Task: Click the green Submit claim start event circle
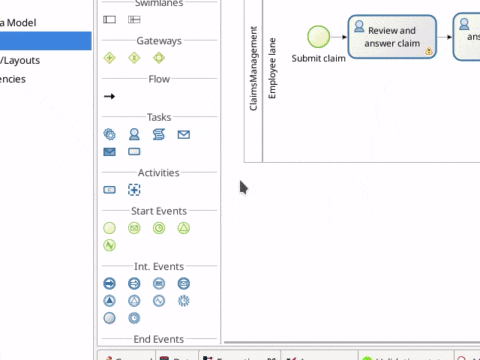click(x=318, y=37)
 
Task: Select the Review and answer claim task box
click(x=392, y=37)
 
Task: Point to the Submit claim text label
click(x=319, y=59)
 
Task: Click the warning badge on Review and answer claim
click(x=428, y=50)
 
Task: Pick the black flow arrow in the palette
click(x=109, y=96)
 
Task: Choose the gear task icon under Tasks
click(x=109, y=134)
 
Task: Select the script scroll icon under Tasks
click(x=159, y=134)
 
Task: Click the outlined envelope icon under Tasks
click(x=184, y=134)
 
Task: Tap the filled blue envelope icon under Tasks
click(x=109, y=152)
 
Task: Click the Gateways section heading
click(x=158, y=40)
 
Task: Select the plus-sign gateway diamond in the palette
click(x=134, y=57)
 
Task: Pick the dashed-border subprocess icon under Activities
click(x=134, y=189)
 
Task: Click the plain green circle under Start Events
click(x=109, y=228)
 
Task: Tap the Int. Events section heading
click(x=158, y=266)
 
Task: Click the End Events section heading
click(x=158, y=340)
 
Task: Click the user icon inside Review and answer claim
click(x=359, y=27)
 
